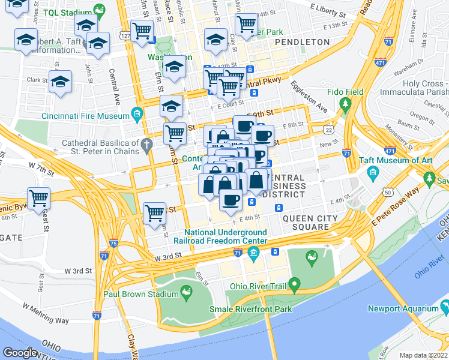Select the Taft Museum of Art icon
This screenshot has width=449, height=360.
click(x=373, y=174)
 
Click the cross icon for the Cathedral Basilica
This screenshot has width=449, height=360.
click(x=145, y=144)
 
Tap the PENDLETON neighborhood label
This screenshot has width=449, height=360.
click(x=303, y=42)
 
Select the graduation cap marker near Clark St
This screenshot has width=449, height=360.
click(x=60, y=82)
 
